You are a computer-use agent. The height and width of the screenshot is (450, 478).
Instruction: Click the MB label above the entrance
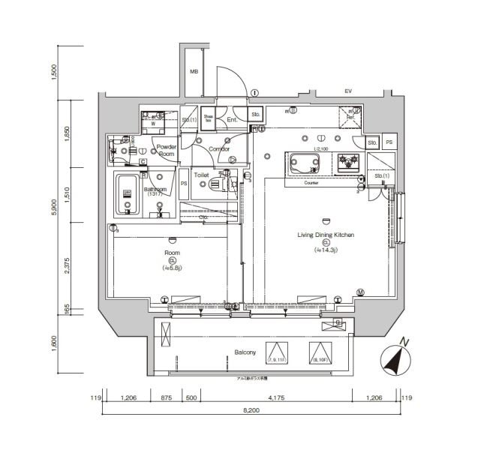[x=193, y=72]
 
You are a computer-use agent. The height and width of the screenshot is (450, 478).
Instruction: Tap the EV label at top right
[x=347, y=91]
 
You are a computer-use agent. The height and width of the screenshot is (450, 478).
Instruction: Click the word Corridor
[x=218, y=148]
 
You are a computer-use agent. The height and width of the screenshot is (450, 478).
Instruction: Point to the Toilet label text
[x=201, y=175]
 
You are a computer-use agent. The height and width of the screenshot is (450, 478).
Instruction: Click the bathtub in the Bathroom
[x=128, y=194]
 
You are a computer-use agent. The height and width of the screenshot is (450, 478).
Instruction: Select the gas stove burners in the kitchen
[x=347, y=161]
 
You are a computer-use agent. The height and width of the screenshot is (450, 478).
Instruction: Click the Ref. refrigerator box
[x=348, y=116]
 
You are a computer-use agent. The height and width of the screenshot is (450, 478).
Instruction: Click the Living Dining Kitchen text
[x=326, y=235]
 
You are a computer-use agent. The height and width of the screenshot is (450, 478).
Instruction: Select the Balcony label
[x=245, y=351]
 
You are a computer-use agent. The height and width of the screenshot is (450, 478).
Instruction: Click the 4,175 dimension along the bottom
[x=275, y=398]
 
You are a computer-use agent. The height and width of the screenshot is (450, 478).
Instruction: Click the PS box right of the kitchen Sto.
[x=389, y=142]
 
